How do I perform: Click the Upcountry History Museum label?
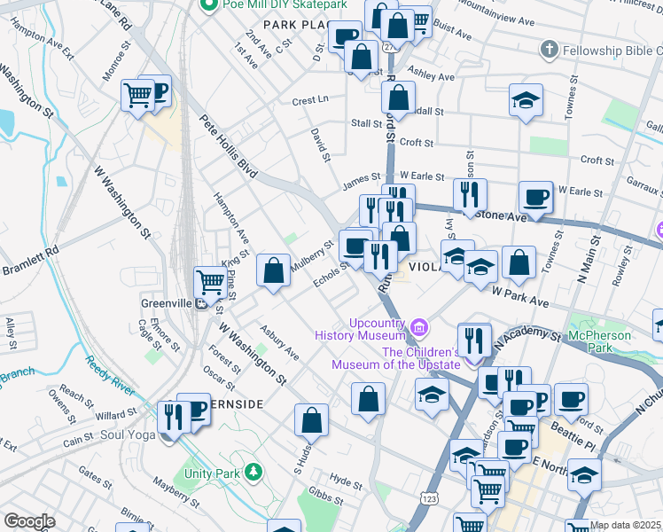tap(364, 327)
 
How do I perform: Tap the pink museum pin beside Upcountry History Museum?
tap(420, 331)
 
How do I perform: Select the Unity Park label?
tap(212, 473)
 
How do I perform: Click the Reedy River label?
tap(110, 377)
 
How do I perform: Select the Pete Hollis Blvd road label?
tap(227, 146)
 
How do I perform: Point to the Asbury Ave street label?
tap(278, 342)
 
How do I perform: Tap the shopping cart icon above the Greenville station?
tap(210, 282)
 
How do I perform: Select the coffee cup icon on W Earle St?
tap(535, 196)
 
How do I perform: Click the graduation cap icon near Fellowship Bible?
tap(526, 99)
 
